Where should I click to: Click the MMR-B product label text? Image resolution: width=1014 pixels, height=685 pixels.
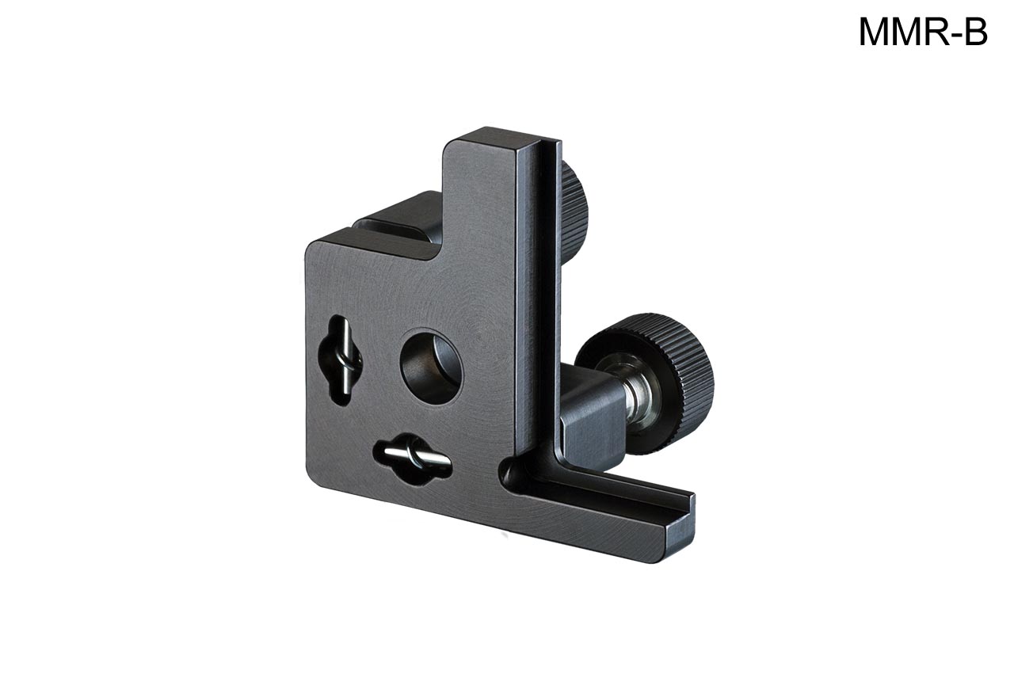(923, 32)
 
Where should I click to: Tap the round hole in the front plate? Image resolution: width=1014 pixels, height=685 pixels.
(432, 366)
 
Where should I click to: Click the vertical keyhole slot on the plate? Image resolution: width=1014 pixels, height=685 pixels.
(341, 361)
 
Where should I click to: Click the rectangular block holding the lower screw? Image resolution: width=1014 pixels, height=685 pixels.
(591, 418)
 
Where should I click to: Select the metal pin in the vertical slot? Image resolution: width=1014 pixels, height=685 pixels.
(346, 361)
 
